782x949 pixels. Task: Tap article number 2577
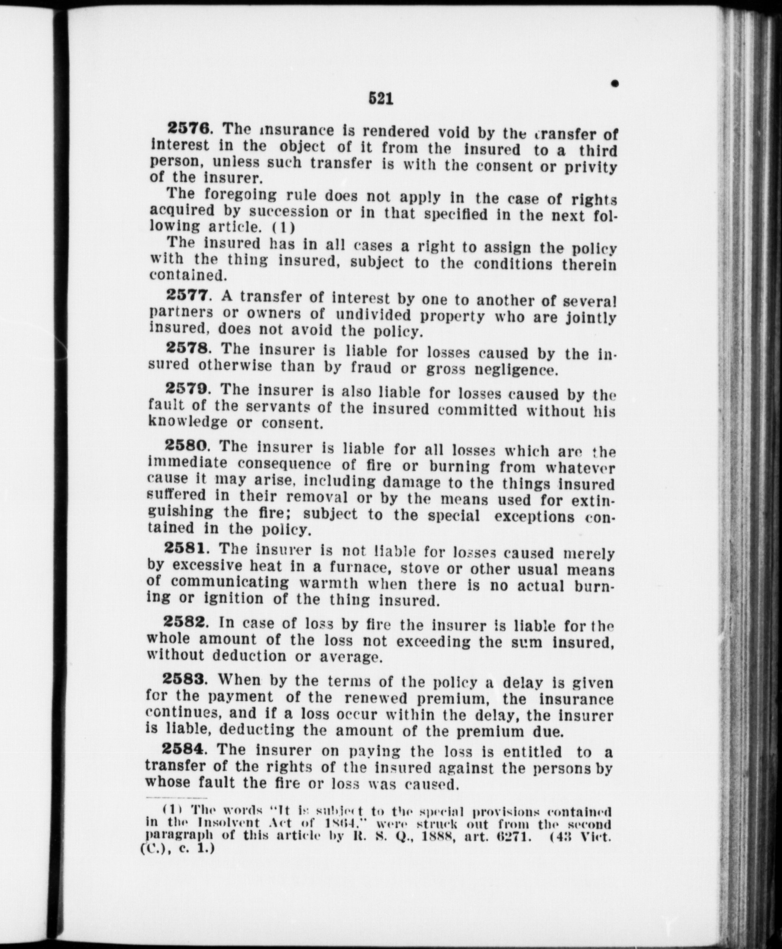pyautogui.click(x=187, y=296)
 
